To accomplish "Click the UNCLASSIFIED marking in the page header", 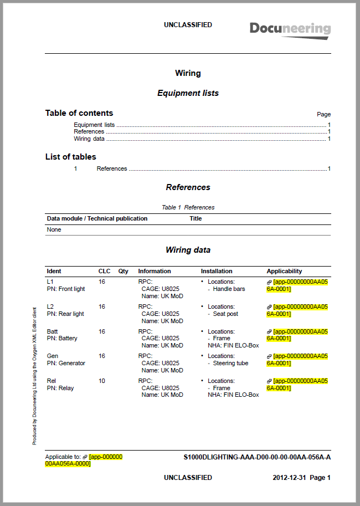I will click(x=188, y=25).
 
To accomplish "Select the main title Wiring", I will click(x=188, y=73).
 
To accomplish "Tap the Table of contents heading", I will click(x=79, y=113).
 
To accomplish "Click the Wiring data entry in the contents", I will click(x=89, y=139).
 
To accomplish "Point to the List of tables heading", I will click(x=70, y=157).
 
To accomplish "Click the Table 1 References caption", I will click(x=188, y=207).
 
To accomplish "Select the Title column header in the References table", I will click(x=196, y=218).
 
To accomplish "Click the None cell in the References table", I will click(x=54, y=229).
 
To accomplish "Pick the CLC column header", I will click(x=104, y=271).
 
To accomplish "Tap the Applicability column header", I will click(x=284, y=271).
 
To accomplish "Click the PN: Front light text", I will click(x=66, y=289).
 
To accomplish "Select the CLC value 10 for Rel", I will click(x=102, y=381).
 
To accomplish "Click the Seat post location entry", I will click(x=225, y=314).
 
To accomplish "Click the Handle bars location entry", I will click(x=229, y=289).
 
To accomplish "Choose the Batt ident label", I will click(x=53, y=331).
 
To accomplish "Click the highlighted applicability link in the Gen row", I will click(x=297, y=359).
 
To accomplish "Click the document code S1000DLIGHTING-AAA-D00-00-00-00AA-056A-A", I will click(x=257, y=457).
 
